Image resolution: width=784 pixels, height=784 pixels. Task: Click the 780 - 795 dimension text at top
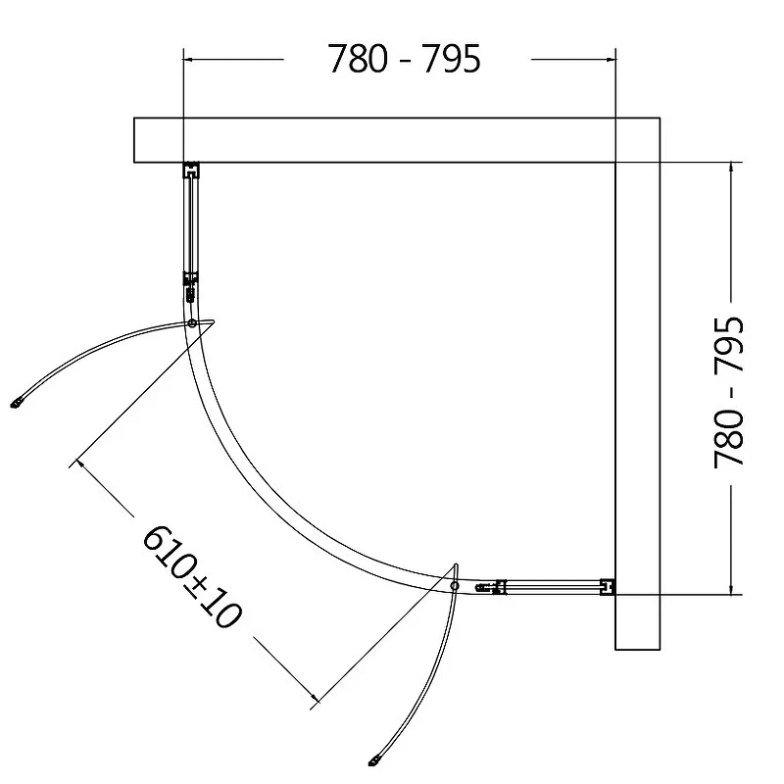tap(404, 59)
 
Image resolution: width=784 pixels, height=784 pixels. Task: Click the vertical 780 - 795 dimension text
tap(728, 392)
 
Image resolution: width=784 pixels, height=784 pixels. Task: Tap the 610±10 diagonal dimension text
tap(192, 576)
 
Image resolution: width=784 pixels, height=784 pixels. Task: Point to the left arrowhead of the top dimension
tap(189, 59)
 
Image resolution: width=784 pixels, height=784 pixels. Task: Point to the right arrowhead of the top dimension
tap(610, 59)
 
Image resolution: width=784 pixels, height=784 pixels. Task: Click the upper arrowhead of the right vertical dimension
tap(731, 168)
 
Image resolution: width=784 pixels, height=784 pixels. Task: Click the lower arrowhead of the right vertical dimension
tap(731, 589)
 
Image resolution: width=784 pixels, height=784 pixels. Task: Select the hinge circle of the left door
tap(192, 323)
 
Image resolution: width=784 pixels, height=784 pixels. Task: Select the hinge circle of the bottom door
tap(455, 585)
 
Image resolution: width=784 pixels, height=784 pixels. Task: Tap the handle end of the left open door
tap(17, 403)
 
